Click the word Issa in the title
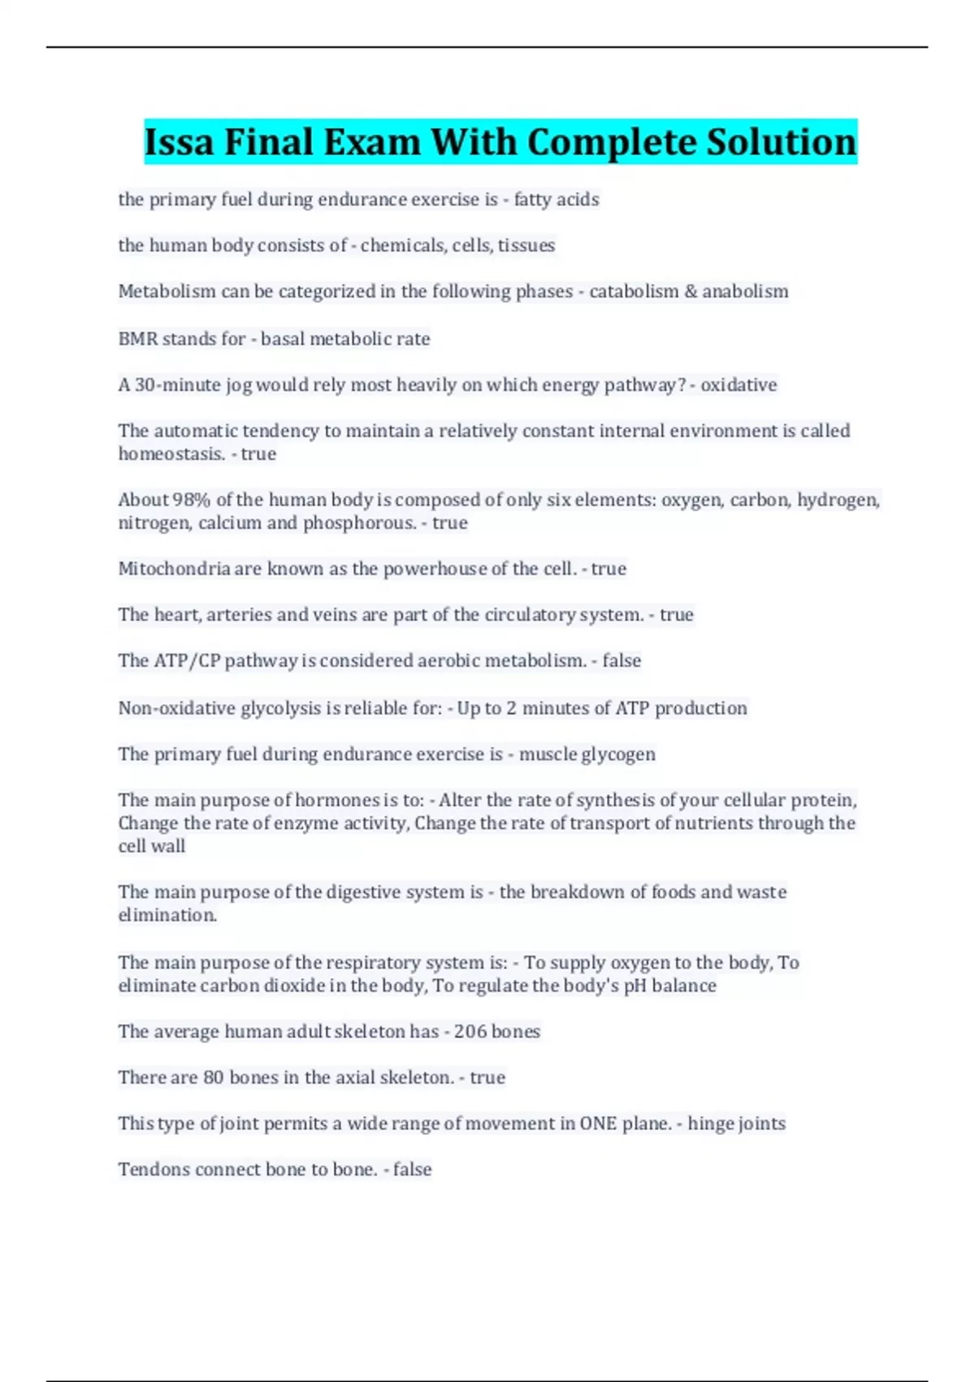pyautogui.click(x=179, y=142)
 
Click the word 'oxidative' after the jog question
pyautogui.click(x=739, y=385)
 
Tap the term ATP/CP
pyautogui.click(x=187, y=660)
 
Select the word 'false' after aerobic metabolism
pyautogui.click(x=622, y=660)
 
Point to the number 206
pyautogui.click(x=470, y=1031)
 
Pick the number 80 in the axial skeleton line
pyautogui.click(x=213, y=1077)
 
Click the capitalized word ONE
pyautogui.click(x=598, y=1123)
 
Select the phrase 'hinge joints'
pyautogui.click(x=736, y=1123)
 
